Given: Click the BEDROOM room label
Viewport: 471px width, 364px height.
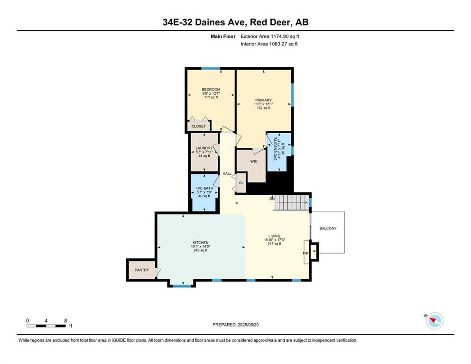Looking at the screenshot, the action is (x=211, y=90).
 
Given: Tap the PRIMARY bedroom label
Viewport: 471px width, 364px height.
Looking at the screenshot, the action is (x=263, y=100).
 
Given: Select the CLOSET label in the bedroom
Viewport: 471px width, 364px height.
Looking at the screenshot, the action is (x=199, y=127).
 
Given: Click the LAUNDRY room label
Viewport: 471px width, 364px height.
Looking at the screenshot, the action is (x=204, y=148).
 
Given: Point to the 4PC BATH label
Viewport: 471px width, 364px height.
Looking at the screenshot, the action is (x=204, y=189).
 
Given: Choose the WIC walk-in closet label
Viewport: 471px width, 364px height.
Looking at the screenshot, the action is (x=254, y=162).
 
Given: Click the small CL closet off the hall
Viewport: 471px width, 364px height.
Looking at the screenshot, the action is (x=241, y=183).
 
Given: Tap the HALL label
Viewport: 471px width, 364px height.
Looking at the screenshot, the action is (x=227, y=173).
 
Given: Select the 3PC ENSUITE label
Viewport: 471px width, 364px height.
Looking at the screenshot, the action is (x=276, y=149).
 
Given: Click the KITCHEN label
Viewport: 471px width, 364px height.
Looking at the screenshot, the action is (x=200, y=243).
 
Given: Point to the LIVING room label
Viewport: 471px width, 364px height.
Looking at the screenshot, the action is (x=274, y=236).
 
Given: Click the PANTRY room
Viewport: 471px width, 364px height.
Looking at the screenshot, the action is (x=142, y=270).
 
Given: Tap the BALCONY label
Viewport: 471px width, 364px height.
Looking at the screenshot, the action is (x=328, y=228).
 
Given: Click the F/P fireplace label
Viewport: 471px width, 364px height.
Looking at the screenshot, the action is (x=305, y=253).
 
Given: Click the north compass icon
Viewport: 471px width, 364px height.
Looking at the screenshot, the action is (x=434, y=321).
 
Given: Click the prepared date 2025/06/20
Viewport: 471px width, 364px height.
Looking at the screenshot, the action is (x=248, y=325).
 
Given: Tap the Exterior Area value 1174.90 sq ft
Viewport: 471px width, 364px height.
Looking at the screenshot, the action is (x=285, y=36).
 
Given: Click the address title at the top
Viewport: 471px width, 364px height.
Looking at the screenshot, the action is (x=235, y=22).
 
